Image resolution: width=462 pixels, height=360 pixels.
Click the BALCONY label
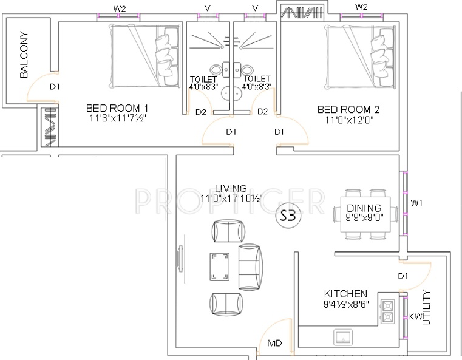point(24,55)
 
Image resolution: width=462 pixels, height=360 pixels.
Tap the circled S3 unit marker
point(288,216)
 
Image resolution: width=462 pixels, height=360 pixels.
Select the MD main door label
point(274,343)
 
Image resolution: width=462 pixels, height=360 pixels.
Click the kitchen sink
point(343,338)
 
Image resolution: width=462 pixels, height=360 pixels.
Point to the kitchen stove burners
point(387,311)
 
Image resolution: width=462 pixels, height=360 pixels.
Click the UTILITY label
point(426,308)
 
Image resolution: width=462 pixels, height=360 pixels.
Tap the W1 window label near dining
point(416,203)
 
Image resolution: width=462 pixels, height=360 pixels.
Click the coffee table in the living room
point(220,267)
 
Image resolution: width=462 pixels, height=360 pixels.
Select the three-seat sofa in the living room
point(250,267)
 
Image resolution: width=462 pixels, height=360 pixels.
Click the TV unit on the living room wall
point(180,259)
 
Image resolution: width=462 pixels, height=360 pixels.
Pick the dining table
point(365,214)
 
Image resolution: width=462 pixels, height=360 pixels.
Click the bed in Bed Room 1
point(145,56)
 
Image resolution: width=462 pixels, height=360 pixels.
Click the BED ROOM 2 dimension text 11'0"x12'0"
point(349,120)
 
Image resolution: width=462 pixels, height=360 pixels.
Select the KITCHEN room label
point(345,294)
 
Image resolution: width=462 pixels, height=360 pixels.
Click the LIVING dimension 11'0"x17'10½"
point(231,199)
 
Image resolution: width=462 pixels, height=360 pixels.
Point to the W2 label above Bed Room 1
point(120,9)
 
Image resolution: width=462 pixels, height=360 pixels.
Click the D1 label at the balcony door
point(55,87)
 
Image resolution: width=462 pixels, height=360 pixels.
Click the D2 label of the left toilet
point(201,112)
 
